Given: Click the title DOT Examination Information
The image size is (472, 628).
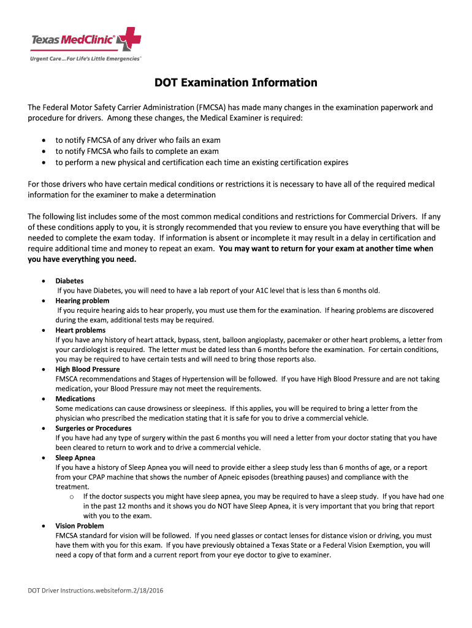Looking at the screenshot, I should click(235, 83).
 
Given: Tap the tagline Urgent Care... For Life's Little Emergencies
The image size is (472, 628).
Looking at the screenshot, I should click(86, 59).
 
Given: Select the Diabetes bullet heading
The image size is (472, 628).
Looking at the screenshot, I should click(69, 281).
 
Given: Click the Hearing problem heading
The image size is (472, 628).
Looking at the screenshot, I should click(82, 301).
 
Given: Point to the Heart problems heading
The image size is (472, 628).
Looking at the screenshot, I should click(80, 330).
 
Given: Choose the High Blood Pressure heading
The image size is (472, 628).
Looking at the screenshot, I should click(88, 369).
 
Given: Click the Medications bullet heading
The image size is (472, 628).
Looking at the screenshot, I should click(75, 399).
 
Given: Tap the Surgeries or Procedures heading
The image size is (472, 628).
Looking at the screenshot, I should click(93, 428).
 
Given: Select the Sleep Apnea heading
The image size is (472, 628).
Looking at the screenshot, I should click(75, 458).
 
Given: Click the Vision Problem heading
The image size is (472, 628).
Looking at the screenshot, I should click(80, 526).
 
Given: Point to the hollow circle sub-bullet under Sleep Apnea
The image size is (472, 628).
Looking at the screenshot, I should click(72, 497).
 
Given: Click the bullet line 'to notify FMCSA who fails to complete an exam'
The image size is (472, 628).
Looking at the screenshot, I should click(137, 151).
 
